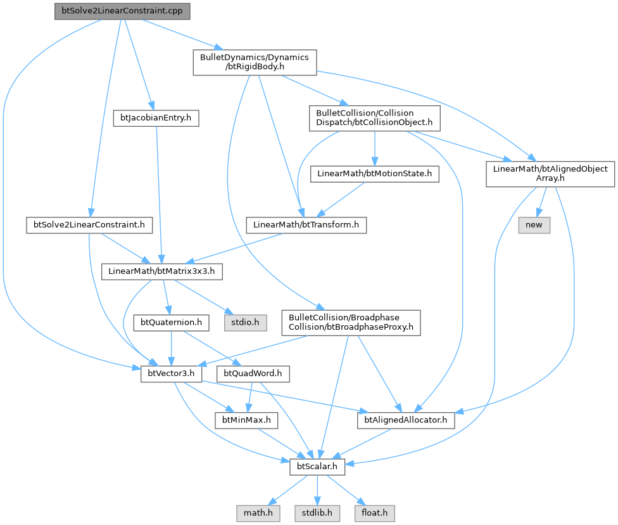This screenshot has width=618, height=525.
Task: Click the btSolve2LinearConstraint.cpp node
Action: (122, 12)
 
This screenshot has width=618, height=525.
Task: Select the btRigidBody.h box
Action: (255, 63)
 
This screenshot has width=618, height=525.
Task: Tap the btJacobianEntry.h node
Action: (155, 117)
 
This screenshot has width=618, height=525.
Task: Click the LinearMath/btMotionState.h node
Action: (374, 173)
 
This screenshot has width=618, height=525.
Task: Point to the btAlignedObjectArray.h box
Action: (550, 174)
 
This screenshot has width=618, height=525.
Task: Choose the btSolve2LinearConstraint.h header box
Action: (89, 224)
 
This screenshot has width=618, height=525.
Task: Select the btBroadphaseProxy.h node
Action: (351, 321)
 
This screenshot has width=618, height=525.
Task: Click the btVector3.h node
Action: (170, 374)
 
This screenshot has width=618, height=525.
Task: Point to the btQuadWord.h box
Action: (253, 374)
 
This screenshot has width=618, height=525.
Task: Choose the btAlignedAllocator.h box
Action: (406, 419)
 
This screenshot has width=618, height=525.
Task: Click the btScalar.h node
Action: (317, 467)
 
